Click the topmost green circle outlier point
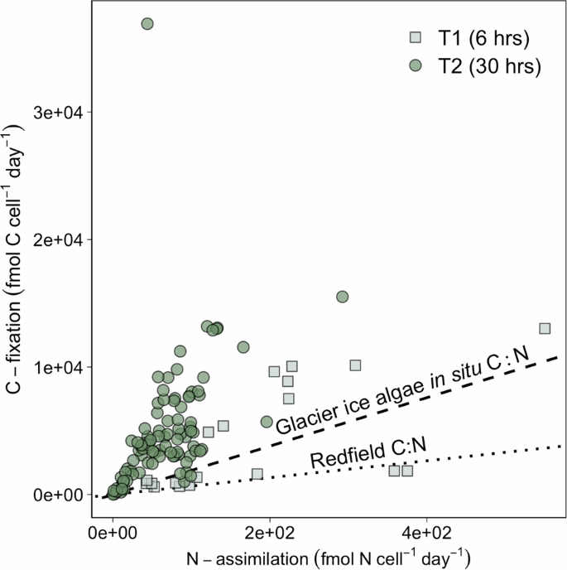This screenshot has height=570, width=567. (147, 24)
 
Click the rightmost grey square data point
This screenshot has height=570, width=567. (545, 328)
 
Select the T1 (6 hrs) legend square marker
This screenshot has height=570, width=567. (416, 37)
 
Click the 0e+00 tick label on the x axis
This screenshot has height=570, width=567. (113, 529)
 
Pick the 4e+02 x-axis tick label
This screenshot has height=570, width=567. (427, 529)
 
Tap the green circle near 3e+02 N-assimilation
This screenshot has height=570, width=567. (342, 297)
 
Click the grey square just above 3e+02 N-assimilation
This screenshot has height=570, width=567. (356, 365)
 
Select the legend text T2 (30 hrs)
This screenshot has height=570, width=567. (484, 66)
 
